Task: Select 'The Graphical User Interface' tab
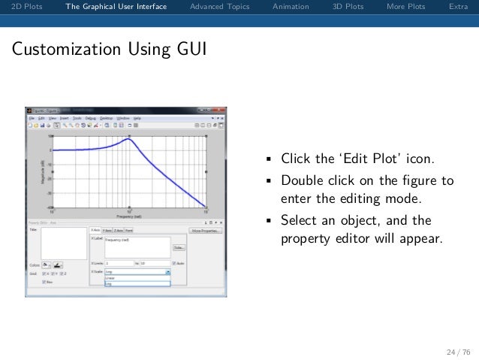tap(116, 7)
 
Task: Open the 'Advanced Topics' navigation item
tap(219, 7)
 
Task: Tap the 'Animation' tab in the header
tap(291, 7)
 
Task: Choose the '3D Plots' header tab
tap(348, 7)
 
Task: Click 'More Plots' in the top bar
tap(405, 7)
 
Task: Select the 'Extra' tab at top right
tap(458, 7)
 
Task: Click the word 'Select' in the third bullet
tap(299, 220)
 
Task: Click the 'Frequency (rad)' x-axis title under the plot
tap(129, 219)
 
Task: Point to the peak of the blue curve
tap(129, 139)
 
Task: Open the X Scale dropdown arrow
tap(167, 272)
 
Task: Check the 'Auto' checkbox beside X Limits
tap(174, 263)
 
